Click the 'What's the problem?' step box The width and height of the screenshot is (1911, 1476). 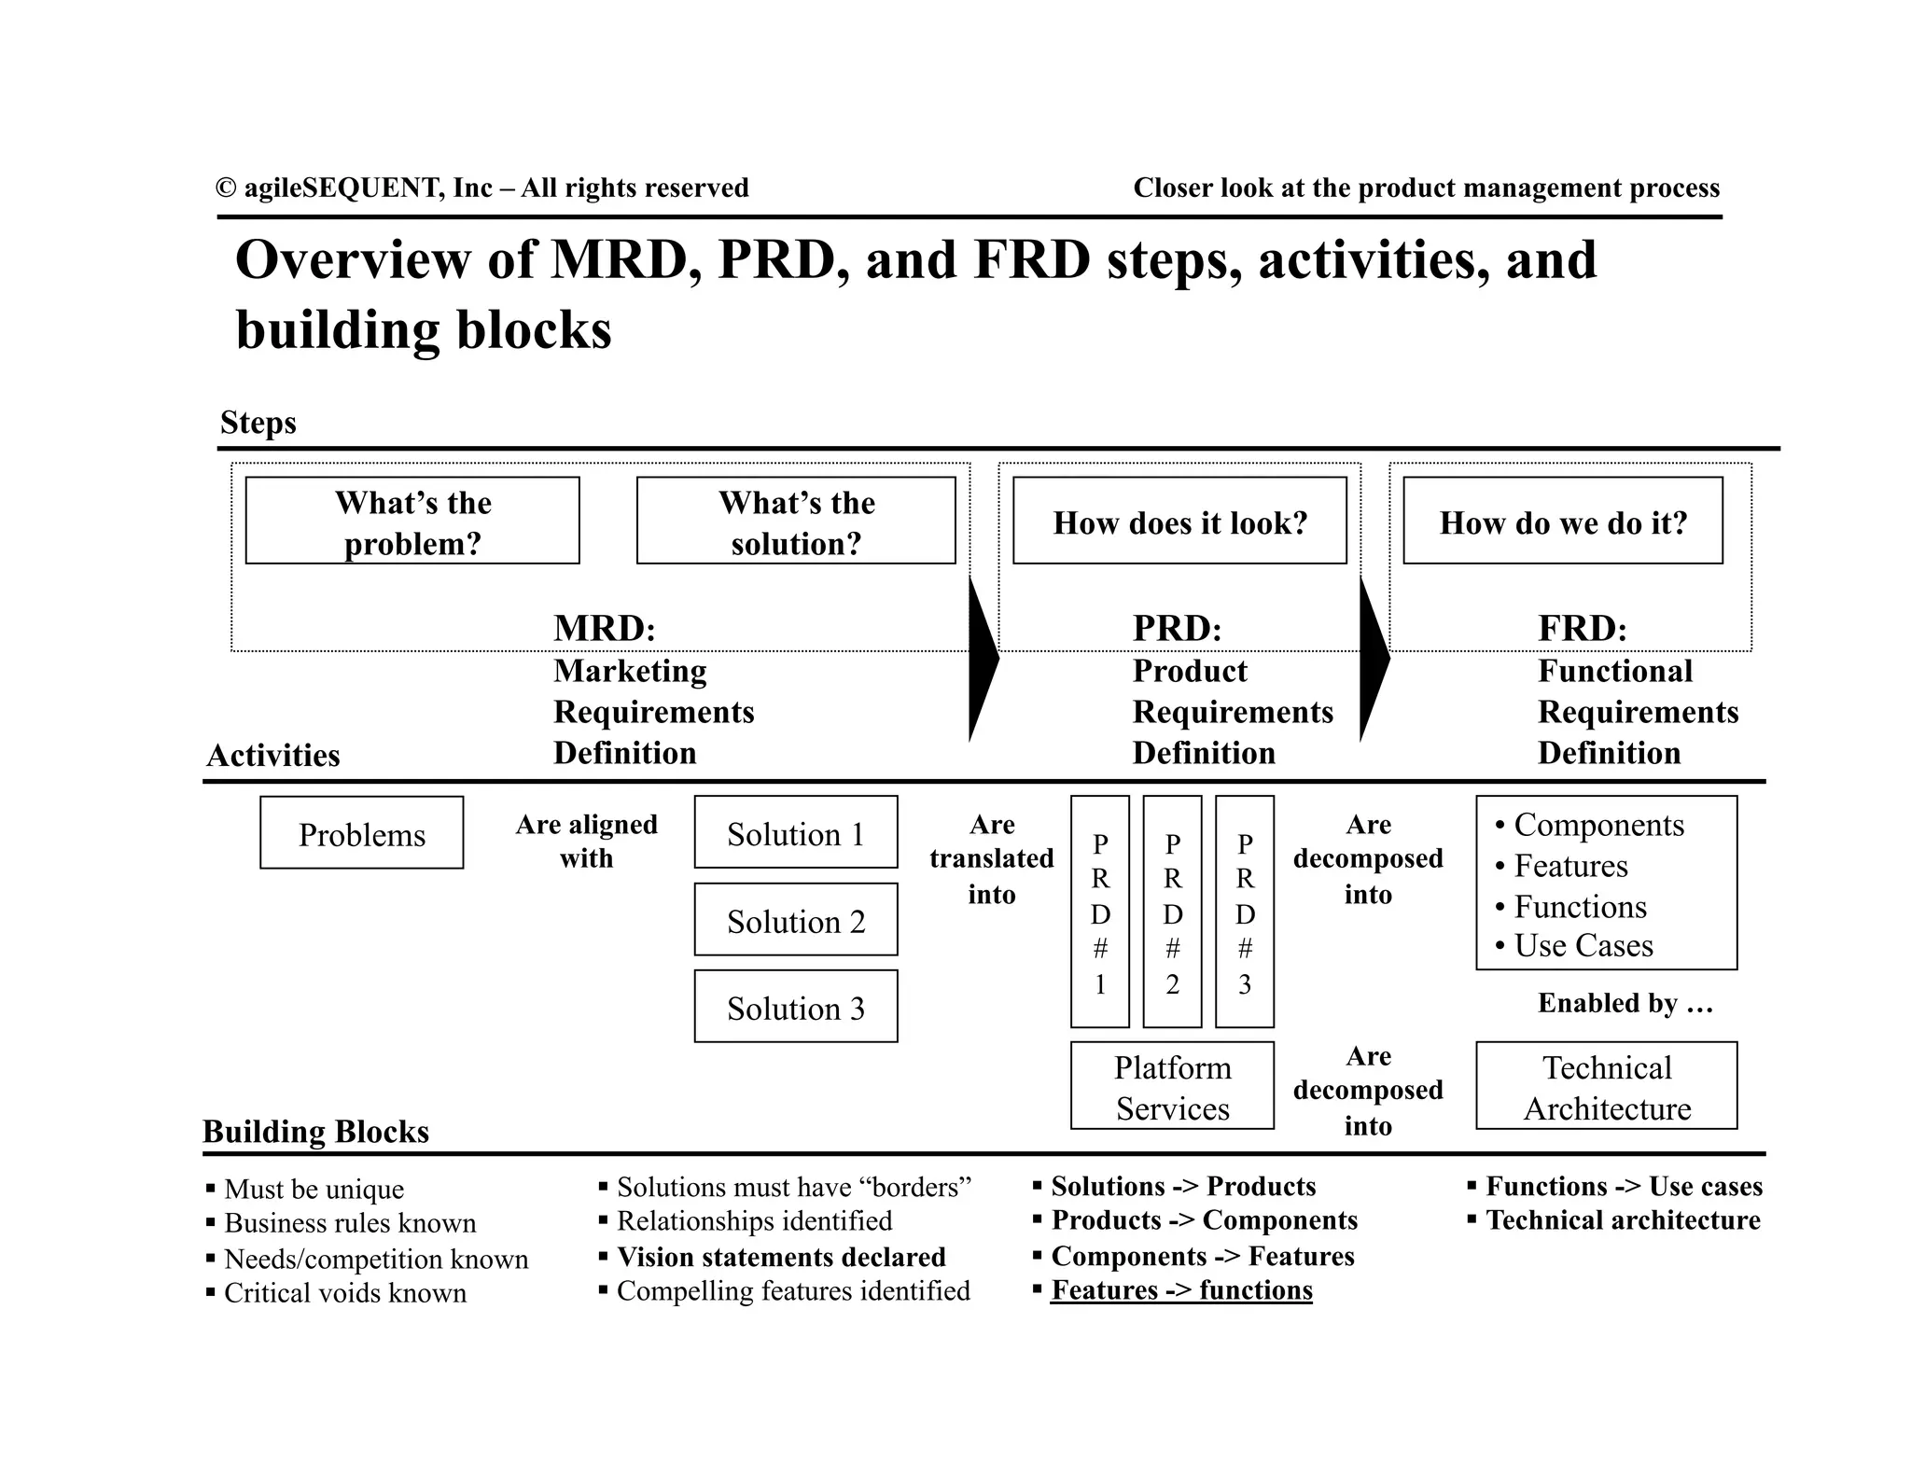click(412, 521)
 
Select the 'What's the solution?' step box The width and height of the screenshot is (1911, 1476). click(796, 521)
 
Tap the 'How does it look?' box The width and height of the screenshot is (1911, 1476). click(1179, 521)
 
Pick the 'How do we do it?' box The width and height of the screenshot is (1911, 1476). click(1563, 521)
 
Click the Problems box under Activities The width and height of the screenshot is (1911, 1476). click(362, 833)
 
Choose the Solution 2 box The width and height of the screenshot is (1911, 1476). click(796, 920)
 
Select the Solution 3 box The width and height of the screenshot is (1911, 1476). click(796, 1007)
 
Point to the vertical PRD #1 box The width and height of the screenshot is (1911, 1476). click(1100, 912)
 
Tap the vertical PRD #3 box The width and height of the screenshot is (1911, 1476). click(1245, 912)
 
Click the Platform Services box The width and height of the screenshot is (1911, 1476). click(1172, 1086)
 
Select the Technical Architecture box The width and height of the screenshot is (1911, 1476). click(1607, 1086)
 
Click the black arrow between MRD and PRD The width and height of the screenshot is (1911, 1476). click(983, 658)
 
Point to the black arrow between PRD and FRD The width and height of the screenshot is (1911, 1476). click(1374, 658)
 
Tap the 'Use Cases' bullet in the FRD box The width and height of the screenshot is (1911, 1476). click(1583, 946)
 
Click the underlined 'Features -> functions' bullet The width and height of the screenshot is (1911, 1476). click(1181, 1290)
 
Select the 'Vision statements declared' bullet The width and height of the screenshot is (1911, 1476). click(781, 1257)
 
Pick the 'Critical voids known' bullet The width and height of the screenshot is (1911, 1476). click(345, 1293)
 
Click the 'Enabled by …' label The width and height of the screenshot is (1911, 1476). click(1625, 1003)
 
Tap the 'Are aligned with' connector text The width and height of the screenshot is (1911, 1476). click(586, 842)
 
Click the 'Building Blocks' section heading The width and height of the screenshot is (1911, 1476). click(315, 1132)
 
